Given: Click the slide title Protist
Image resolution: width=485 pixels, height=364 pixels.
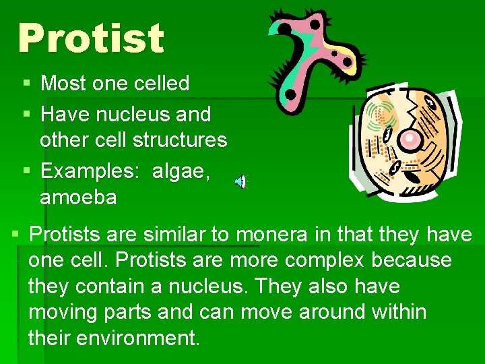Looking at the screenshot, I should click(91, 38).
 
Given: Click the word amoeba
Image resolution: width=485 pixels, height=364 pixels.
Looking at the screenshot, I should click(78, 198).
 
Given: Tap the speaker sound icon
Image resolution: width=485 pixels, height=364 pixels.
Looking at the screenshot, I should click(240, 181).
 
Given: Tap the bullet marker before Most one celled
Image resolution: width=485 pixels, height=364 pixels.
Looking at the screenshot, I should click(26, 84).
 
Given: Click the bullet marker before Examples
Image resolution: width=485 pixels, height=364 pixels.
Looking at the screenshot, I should click(26, 171).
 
